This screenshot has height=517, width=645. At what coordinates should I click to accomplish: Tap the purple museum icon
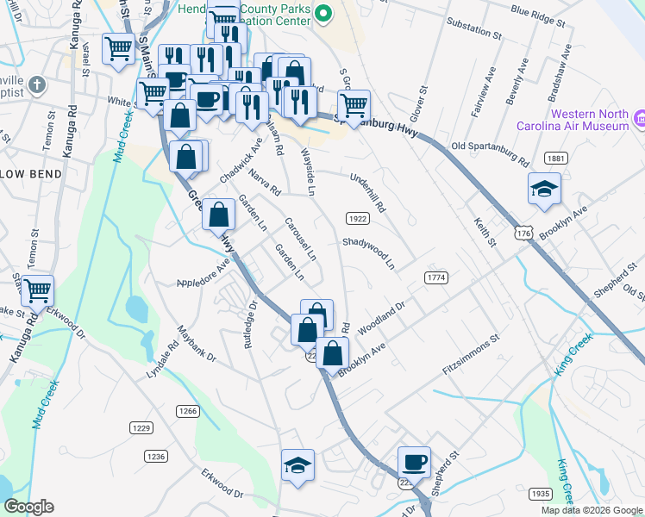tap(640, 118)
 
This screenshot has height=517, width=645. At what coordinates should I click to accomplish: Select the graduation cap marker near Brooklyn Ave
tap(543, 190)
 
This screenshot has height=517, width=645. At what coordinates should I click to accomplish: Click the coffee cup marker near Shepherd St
tap(414, 463)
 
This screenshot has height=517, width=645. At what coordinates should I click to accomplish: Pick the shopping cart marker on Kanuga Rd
tap(37, 291)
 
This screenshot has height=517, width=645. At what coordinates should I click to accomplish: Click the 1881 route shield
tap(556, 158)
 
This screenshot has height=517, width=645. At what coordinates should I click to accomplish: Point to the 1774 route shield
tap(436, 277)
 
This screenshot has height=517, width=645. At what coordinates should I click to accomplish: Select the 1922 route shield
tap(358, 218)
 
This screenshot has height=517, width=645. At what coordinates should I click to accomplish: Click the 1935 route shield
tap(540, 494)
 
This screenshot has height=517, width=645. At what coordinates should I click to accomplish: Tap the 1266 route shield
tap(188, 410)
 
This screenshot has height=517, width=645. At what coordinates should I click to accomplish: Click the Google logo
tap(28, 507)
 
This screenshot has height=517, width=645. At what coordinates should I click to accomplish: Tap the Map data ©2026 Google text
tap(592, 510)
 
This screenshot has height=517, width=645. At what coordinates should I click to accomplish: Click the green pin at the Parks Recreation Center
tap(323, 12)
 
